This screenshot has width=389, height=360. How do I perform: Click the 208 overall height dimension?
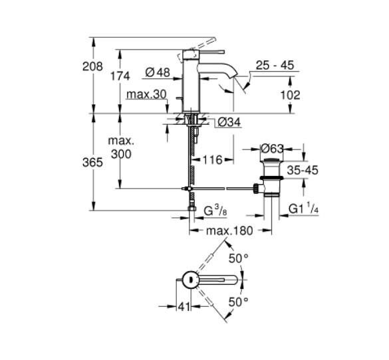pos(92,66)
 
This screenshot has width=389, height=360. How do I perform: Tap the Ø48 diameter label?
pos(158,72)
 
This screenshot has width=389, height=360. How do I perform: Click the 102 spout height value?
pos(291,95)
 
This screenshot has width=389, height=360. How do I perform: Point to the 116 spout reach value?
pos(213,160)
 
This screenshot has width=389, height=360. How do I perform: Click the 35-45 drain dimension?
pos(302,171)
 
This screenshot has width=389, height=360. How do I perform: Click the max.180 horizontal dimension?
pos(229,231)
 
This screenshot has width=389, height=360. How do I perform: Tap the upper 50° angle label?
pos(238,257)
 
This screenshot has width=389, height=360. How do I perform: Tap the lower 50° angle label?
pos(238,301)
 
